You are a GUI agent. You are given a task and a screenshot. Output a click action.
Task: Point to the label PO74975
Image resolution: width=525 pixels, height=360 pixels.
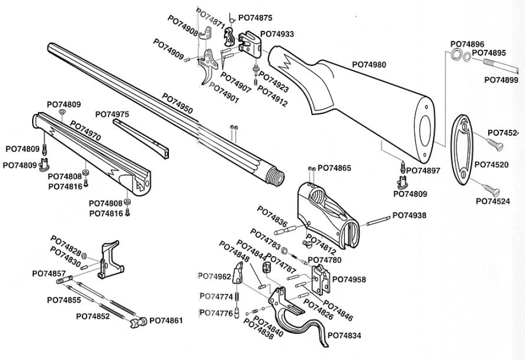(x=112, y=114)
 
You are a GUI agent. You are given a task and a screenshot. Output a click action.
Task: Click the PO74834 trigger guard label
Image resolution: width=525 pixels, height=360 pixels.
(x=344, y=335)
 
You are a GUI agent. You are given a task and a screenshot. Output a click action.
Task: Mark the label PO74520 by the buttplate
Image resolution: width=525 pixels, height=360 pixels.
(x=492, y=164)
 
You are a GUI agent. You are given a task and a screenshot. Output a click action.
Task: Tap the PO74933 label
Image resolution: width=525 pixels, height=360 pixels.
(x=277, y=34)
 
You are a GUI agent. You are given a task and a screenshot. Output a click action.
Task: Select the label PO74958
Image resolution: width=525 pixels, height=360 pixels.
(x=349, y=279)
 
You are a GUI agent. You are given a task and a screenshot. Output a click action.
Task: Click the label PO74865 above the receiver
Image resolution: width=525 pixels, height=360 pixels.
(x=334, y=168)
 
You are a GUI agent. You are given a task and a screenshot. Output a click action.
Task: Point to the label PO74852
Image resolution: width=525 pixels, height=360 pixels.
(x=92, y=316)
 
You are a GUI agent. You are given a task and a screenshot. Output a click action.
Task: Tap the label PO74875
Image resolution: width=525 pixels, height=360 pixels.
(x=254, y=18)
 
